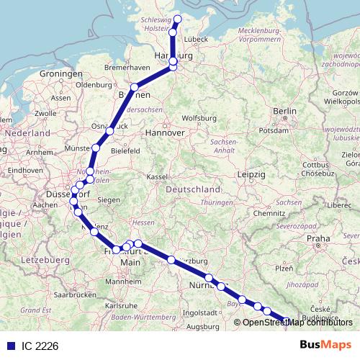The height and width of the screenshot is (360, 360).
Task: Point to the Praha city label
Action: (x=317, y=238)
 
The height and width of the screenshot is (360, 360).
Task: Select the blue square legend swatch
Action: (x=9, y=346)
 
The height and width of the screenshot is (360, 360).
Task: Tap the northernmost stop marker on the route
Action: (x=178, y=19)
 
